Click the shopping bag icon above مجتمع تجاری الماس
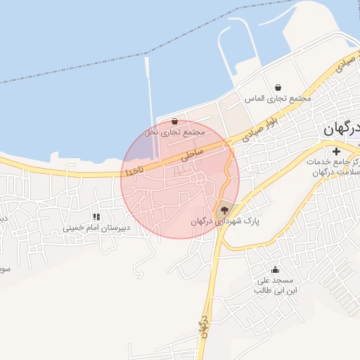(278, 87)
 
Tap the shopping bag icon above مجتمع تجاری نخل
(174, 121)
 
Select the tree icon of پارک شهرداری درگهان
(224, 210)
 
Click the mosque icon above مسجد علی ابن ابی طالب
(275, 269)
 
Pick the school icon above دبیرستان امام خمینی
(96, 217)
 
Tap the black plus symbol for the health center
(336, 151)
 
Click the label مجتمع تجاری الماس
(278, 98)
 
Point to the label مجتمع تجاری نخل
(174, 132)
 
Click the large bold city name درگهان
(342, 129)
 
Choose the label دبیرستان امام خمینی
(97, 228)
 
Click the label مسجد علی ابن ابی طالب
(276, 285)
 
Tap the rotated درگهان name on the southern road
(202, 326)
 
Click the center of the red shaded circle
(180, 179)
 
